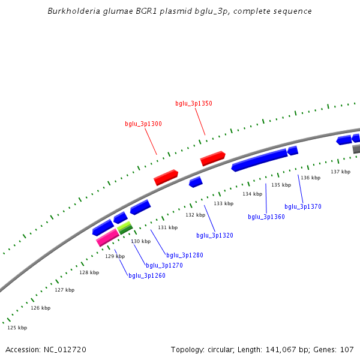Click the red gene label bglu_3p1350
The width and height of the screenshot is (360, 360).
point(193,103)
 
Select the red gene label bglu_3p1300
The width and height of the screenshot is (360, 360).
point(143,124)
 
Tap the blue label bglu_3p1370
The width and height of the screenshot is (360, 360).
point(303,206)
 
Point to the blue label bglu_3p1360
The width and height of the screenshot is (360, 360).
point(266,217)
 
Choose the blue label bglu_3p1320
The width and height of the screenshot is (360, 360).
point(215,235)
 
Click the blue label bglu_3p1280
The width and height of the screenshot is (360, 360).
point(185,255)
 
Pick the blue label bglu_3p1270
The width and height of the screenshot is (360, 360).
point(164,265)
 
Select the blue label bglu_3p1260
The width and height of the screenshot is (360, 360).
point(147,275)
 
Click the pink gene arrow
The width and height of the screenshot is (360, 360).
point(107,238)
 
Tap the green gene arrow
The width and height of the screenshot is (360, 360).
point(125,227)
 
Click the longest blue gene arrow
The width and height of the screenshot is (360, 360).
point(259,160)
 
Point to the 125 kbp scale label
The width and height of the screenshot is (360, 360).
point(17,328)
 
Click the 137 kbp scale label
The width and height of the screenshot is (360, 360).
point(340,172)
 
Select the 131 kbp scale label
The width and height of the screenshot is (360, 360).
point(168,227)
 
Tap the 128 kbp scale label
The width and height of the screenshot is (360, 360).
point(89,272)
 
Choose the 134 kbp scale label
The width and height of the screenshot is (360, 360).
point(252,194)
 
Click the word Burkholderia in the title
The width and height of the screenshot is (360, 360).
point(71,11)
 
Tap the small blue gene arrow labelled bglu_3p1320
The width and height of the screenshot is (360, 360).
point(196,182)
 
